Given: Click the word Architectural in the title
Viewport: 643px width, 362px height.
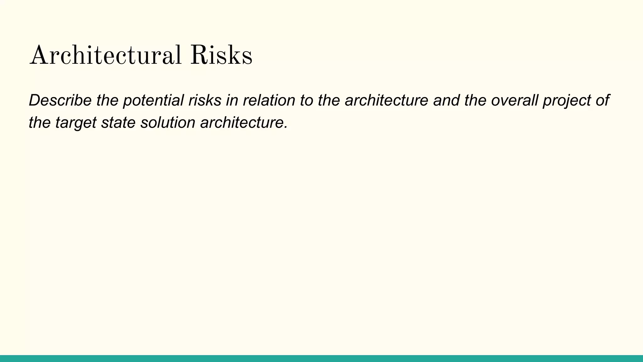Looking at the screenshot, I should [x=105, y=56].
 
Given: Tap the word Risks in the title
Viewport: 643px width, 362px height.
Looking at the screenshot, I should [x=221, y=56].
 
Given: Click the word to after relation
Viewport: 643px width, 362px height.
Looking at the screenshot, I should [x=306, y=100].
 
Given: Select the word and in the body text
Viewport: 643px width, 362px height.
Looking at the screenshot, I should [x=446, y=100].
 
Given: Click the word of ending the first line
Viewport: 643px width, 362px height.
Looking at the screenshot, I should [x=602, y=100].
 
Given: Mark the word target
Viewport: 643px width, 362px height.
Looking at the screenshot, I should [x=76, y=123].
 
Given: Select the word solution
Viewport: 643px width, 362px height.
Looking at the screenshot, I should [x=168, y=122].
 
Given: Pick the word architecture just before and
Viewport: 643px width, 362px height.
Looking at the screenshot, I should [x=386, y=100].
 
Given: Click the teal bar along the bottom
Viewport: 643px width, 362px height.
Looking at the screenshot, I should [x=321, y=358].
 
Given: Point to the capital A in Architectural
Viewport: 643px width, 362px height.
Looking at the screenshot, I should [x=38, y=56].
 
